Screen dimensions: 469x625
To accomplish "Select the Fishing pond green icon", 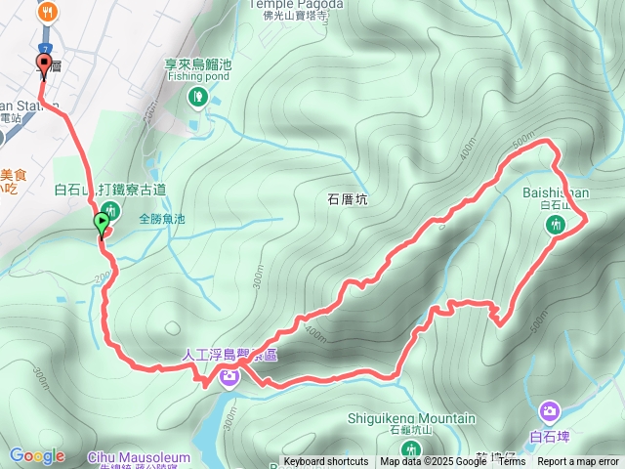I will (197, 96).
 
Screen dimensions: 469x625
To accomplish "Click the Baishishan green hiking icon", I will (556, 225).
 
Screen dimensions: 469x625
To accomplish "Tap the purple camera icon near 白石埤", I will (550, 410).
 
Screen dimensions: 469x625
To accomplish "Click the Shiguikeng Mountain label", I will (411, 418).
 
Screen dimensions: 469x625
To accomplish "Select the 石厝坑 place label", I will (347, 198).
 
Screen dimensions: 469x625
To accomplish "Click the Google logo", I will (37, 455).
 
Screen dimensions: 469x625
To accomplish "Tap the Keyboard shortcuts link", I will (326, 462).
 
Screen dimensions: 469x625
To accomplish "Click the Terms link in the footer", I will (512, 462).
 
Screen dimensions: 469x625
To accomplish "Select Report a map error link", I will (579, 462).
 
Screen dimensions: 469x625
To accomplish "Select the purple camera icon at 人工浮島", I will (229, 376).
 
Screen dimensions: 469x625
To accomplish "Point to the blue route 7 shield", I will (46, 48).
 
